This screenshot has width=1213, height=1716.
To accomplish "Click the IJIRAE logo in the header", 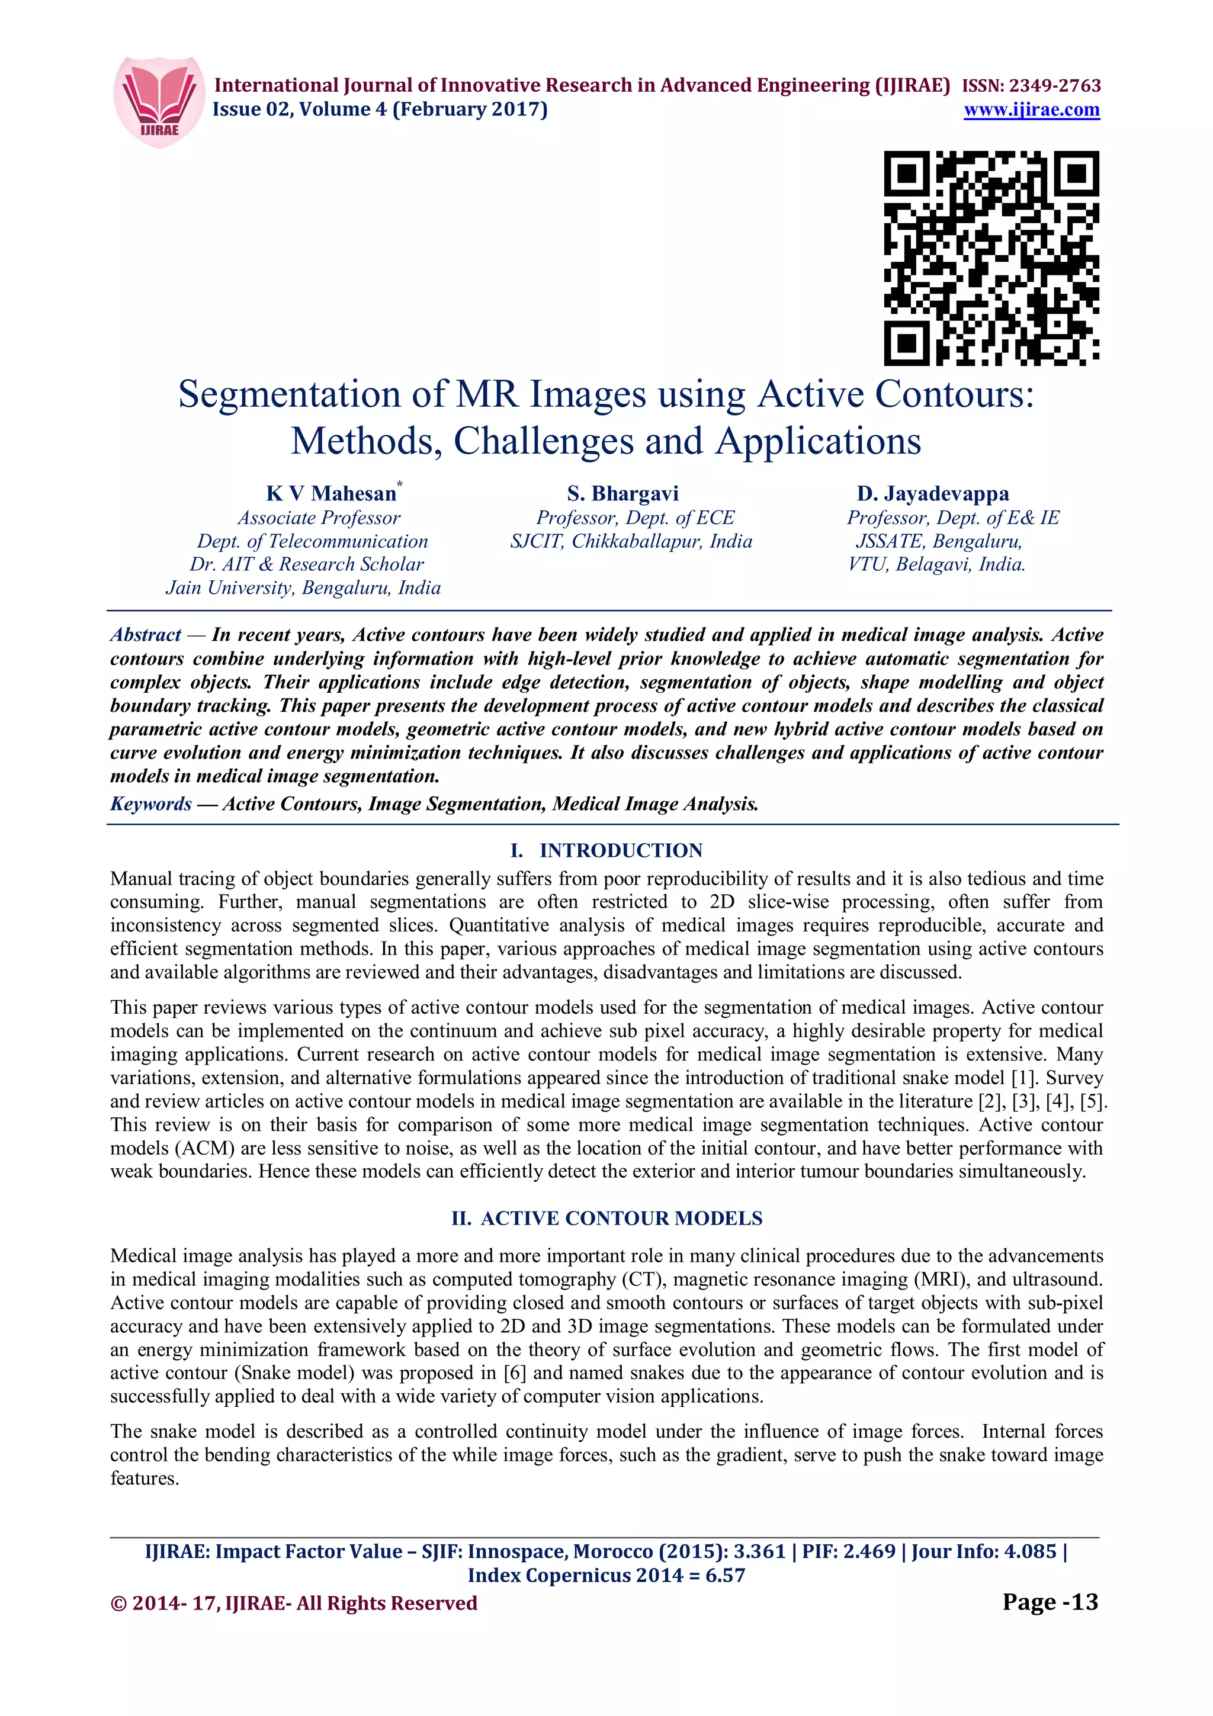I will click(159, 102).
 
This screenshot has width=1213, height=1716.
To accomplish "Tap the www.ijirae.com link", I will click(1031, 110).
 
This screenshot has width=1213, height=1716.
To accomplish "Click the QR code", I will click(991, 258).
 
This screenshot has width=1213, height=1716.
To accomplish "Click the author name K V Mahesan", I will click(331, 493).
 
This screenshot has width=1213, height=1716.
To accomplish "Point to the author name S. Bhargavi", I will click(622, 493).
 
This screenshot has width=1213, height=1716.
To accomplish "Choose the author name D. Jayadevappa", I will click(933, 493).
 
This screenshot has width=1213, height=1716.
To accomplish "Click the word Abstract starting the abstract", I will click(146, 635).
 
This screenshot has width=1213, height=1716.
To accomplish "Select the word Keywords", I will click(151, 804).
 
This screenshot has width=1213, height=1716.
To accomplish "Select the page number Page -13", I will click(1050, 1602).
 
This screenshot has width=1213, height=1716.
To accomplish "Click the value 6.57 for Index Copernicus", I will click(725, 1576).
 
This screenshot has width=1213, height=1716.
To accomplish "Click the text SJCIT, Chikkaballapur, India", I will click(631, 541).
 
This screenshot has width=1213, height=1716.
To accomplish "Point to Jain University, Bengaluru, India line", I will click(303, 588).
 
